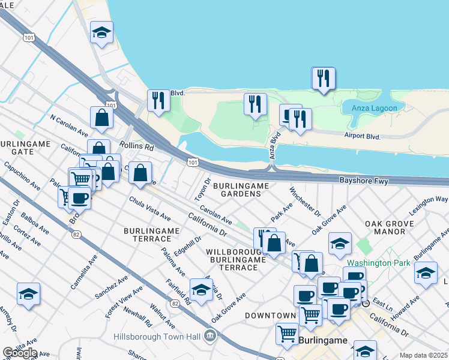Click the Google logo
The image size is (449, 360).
click(x=20, y=353)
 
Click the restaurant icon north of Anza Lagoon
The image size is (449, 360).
click(x=323, y=78)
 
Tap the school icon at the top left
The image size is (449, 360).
click(x=101, y=32)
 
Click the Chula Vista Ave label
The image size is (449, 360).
click(x=150, y=210)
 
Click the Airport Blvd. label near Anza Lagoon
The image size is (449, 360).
click(x=363, y=137)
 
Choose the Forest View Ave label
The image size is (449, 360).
click(x=124, y=301)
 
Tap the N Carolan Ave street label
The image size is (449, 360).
click(x=69, y=125)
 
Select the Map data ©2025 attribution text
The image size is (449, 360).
click(x=423, y=355)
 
